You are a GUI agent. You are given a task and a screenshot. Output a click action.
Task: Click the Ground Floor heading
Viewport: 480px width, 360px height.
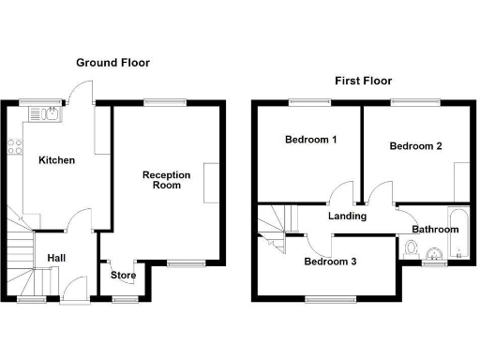[x=112, y=63]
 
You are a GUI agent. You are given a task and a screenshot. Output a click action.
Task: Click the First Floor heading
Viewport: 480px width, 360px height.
[x=363, y=81]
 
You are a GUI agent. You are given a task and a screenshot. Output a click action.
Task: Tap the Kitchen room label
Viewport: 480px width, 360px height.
[x=56, y=160]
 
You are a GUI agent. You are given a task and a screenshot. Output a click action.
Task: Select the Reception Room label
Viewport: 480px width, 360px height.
[x=166, y=180]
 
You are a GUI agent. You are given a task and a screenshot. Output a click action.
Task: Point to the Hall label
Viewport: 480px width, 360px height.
[x=57, y=258]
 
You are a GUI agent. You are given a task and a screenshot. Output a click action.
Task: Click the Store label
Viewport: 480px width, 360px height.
[x=124, y=276]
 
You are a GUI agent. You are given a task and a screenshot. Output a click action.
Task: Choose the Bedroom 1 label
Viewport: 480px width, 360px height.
[x=310, y=140]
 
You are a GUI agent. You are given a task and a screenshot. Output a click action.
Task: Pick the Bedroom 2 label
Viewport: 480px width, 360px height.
[x=415, y=146]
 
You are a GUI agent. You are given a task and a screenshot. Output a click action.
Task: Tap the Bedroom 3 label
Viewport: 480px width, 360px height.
[x=330, y=262]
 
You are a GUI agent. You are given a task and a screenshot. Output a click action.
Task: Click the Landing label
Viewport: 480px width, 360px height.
[x=346, y=217]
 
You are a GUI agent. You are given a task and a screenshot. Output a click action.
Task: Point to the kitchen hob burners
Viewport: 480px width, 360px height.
[x=14, y=145]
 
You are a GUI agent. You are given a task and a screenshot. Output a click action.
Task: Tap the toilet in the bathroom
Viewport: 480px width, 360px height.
[x=412, y=248]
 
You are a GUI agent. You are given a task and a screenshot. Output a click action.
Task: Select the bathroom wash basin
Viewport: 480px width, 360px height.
[x=433, y=254]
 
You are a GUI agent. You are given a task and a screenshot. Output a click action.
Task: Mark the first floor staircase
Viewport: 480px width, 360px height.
[x=275, y=228]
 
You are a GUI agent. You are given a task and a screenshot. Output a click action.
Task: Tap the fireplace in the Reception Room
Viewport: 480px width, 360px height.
[x=215, y=182]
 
